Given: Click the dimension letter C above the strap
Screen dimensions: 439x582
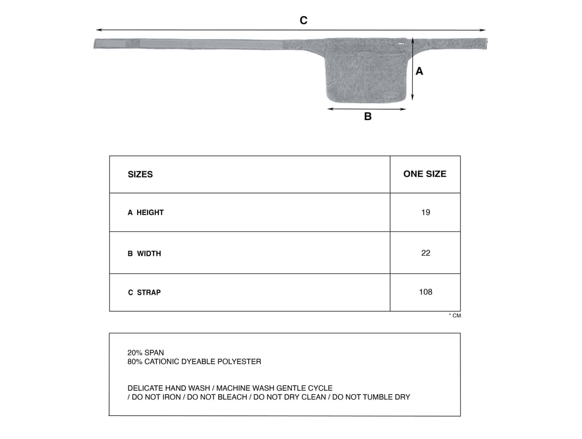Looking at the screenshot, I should pos(304,21).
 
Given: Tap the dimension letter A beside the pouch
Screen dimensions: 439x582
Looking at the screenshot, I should pos(419,71).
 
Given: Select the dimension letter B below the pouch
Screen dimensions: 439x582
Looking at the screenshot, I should pos(368,116).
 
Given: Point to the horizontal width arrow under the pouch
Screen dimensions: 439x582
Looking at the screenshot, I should pos(367,109).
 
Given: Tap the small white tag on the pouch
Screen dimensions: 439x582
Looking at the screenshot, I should pos(400,44).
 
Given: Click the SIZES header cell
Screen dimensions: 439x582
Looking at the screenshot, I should pos(140,174).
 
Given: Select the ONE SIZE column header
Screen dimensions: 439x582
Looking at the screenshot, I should pos(425,174).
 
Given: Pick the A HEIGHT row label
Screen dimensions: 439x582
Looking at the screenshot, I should pos(146,212).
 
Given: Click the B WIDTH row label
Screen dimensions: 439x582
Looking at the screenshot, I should pos(144,253).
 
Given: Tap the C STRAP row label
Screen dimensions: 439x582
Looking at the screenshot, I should pos(144,292).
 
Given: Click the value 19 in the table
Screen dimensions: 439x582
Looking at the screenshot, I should pos(425,212).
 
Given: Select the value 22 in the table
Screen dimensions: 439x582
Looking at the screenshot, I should pos(425,253).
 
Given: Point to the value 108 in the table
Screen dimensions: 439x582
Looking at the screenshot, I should pos(425,292).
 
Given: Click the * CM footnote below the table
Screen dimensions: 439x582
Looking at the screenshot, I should pos(455,316).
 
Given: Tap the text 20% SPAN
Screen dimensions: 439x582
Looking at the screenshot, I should pos(145,353).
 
